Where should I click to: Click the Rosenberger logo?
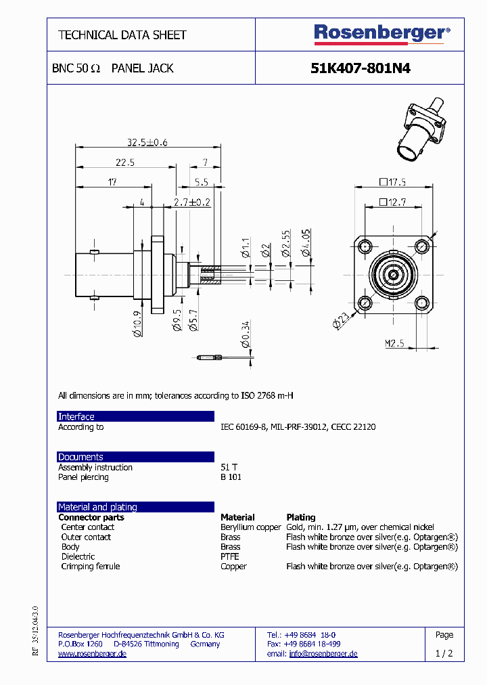coord(381,34)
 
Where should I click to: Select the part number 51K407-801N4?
coord(360,68)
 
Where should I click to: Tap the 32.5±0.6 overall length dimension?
coord(147,142)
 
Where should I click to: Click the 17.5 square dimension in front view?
coord(392,182)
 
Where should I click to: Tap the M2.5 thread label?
coord(395,344)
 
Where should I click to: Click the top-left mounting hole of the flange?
coord(366,246)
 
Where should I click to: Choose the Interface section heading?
coord(76,416)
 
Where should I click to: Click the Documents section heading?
coord(80,457)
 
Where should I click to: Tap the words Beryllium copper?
coord(250,527)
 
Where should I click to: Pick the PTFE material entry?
coord(230,556)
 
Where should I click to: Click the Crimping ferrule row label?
coord(91,567)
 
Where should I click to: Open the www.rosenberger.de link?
coord(92,654)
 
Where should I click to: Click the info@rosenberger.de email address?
coord(323,654)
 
